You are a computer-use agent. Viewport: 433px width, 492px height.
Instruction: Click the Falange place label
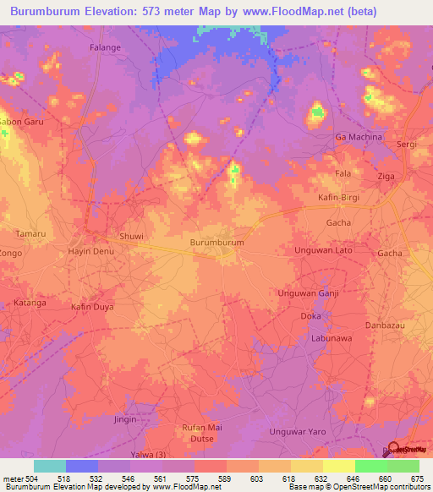point(106,47)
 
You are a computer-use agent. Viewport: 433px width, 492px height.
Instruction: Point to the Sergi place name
point(407,145)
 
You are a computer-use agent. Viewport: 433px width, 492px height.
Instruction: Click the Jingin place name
point(125,418)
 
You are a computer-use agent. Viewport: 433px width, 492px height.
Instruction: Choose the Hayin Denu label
point(90,252)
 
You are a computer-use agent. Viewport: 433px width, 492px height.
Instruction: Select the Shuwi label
point(132,237)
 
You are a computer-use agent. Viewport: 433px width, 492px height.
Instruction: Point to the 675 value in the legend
point(418,478)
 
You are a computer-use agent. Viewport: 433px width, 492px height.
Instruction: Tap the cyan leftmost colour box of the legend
point(50,466)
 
